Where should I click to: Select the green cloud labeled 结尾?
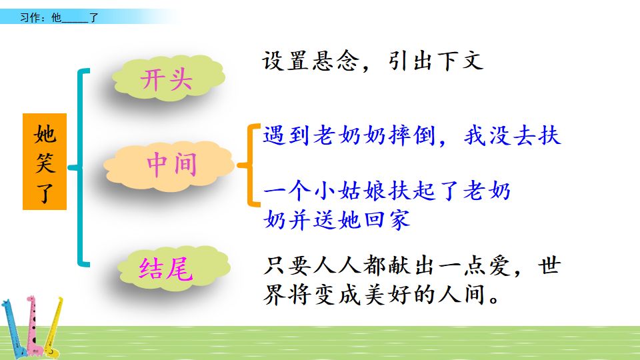[167, 269]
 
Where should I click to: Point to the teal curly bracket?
[81, 167]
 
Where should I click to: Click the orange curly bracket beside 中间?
[251, 165]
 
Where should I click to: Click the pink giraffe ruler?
[35, 327]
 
